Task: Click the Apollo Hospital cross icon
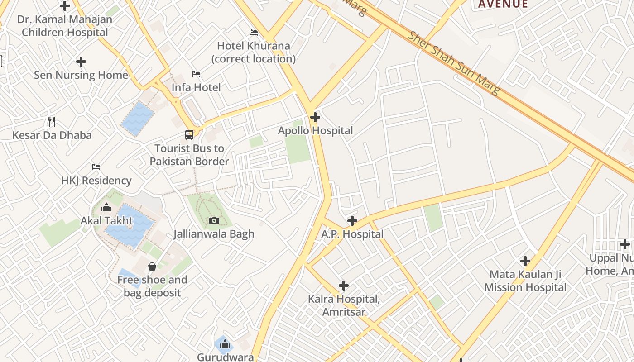coord(315,117)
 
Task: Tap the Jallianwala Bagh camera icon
coord(214,220)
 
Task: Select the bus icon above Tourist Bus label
coord(189,134)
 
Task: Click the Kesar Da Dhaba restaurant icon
coord(52,121)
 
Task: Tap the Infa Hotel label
coord(196,87)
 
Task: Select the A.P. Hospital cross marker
coord(352,221)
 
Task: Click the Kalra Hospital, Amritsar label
coord(344,305)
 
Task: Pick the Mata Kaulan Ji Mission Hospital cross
coord(525,261)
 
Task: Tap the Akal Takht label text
coord(107,221)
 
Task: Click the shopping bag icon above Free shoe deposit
coord(152,267)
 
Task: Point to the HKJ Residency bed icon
coord(96,167)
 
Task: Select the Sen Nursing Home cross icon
coord(81,61)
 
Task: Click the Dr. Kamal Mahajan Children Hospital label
coord(65,26)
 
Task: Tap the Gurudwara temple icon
coord(225,345)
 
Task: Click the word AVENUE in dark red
coord(503,5)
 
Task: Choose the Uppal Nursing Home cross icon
coord(625,245)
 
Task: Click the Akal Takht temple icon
coord(107,207)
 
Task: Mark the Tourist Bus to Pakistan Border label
coord(189,155)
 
